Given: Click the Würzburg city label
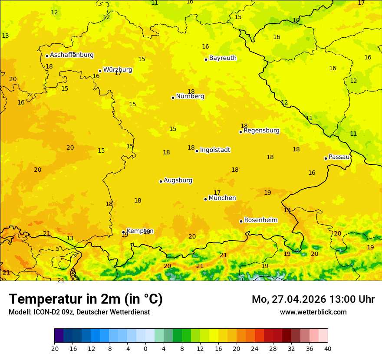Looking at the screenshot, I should (118, 70).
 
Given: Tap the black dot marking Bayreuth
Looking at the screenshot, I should (206, 59).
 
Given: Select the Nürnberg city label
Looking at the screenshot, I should (190, 96).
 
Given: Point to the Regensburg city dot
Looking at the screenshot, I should (240, 132).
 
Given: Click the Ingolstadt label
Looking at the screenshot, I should (215, 150).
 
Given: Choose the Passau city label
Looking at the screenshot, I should (339, 157).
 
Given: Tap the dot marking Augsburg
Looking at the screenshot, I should (161, 181).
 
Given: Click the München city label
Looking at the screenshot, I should (222, 198).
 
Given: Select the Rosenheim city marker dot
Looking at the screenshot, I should (241, 221).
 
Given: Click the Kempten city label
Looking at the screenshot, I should (140, 231).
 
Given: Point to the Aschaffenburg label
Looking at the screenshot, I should (72, 55).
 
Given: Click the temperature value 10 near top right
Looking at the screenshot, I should (296, 20).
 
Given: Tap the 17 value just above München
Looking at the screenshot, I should (217, 193).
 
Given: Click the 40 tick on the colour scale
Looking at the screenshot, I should (328, 348).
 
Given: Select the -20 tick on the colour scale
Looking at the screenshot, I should (54, 348).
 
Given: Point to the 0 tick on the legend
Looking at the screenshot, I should (145, 348).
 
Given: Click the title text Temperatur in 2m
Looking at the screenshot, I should (86, 299).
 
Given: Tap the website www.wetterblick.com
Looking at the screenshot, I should (313, 312).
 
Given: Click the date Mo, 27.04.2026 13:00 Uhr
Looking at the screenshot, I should (313, 299).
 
